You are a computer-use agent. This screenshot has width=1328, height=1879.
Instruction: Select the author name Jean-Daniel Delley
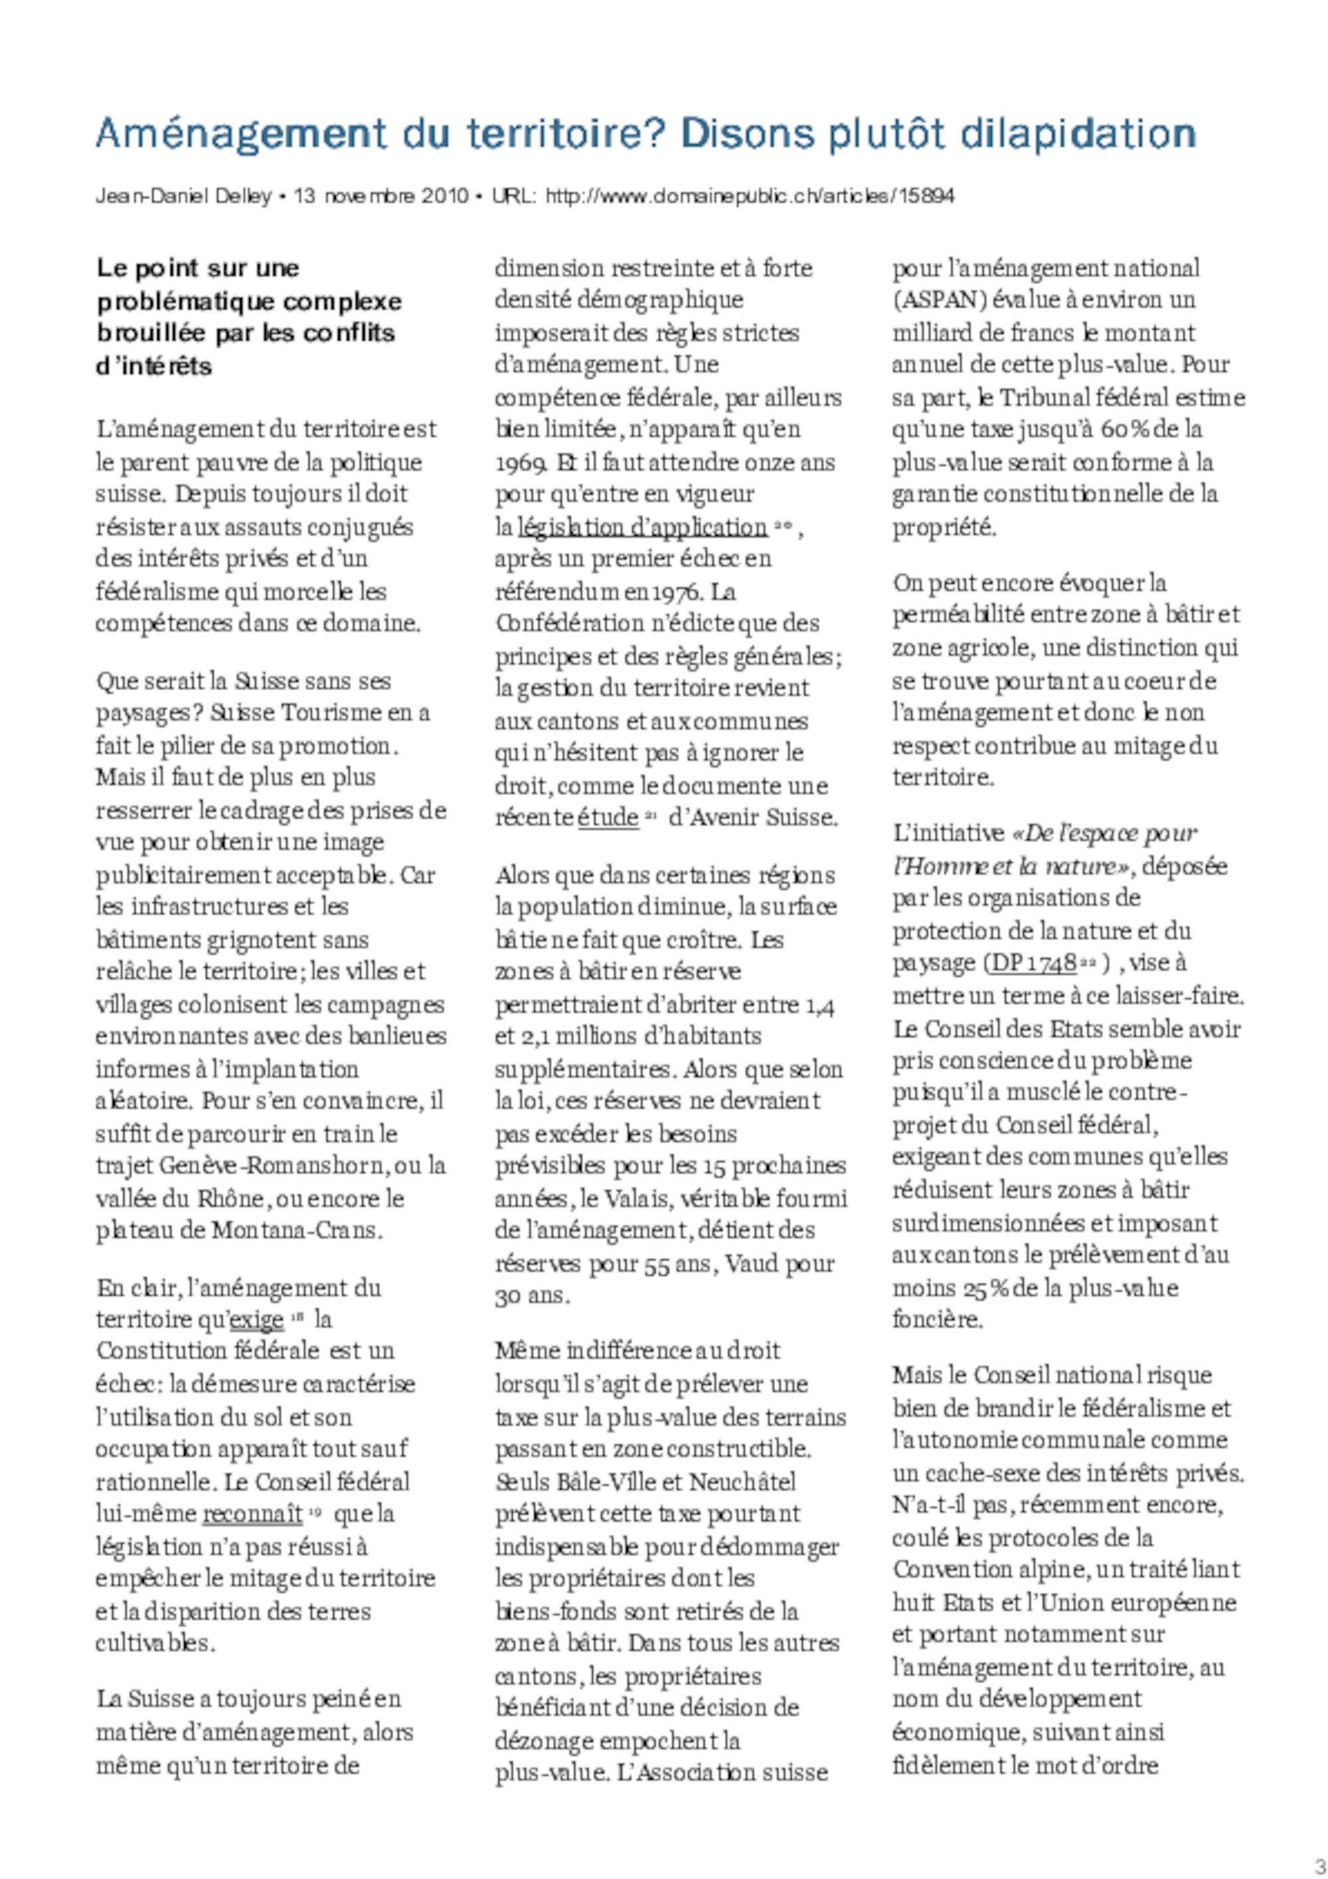(183, 197)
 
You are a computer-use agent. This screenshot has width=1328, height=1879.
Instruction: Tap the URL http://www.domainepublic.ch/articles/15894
(750, 197)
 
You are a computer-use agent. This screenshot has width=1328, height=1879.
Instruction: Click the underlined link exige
(257, 1320)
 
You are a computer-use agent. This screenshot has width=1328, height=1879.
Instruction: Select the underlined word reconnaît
(252, 1514)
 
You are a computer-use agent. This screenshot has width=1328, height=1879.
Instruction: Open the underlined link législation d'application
(642, 527)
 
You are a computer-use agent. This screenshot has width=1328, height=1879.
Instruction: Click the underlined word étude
(608, 817)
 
